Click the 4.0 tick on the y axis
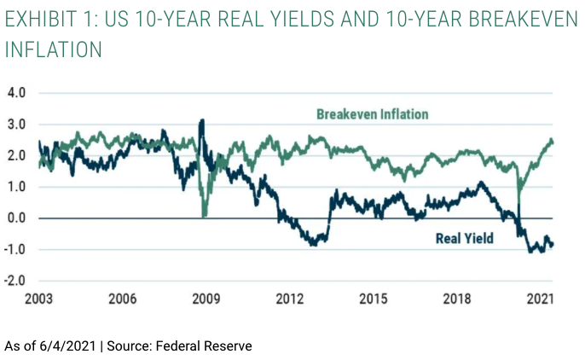coord(17,92)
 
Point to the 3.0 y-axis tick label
coord(17,124)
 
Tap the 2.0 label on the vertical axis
coord(17,155)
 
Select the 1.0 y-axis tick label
coord(17,187)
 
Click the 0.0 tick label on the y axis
coord(17,218)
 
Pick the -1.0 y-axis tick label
coord(14,249)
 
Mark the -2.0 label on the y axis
coord(14,281)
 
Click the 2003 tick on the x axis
coord(41,300)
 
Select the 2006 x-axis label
coord(123,300)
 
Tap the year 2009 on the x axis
coord(206,300)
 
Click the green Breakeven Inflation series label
coord(372,113)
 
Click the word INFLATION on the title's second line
coord(53,49)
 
